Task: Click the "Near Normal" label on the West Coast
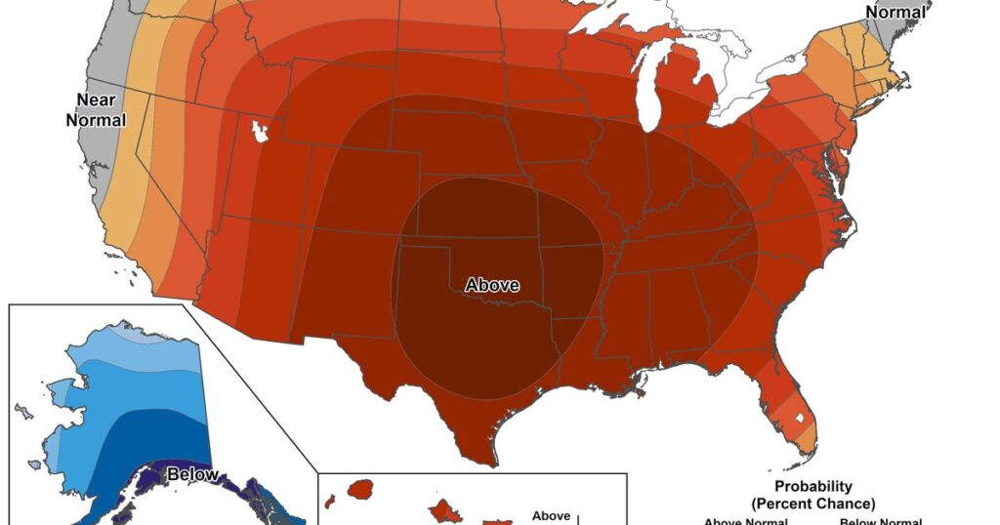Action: pos(96,109)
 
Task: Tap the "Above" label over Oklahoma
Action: pos(492,286)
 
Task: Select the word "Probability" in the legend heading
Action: pos(812,486)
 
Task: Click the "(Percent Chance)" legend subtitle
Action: pos(812,503)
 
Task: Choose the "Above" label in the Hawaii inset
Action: pos(551,516)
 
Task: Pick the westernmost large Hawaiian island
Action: pos(361,487)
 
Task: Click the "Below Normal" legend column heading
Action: pos(880,521)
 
